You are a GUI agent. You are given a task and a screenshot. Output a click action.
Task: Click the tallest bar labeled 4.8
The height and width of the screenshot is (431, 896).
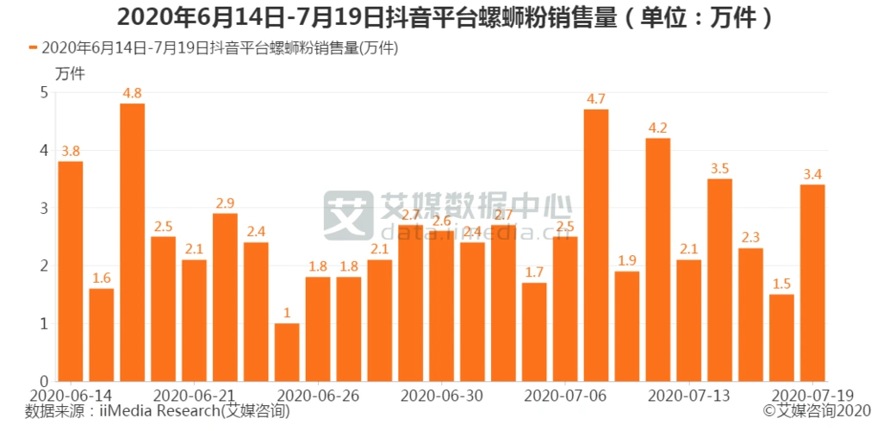(x=132, y=242)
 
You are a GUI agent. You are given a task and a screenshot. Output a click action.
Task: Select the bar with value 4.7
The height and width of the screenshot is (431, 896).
(x=596, y=245)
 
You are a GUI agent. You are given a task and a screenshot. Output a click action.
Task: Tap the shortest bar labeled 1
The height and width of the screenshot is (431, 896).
(x=287, y=352)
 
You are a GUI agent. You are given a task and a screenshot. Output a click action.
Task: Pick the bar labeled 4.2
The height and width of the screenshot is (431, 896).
(x=658, y=259)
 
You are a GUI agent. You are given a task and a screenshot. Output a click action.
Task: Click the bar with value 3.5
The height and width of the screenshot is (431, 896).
(x=719, y=279)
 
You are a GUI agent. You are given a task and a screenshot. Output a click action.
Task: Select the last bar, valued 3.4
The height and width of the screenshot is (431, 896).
(x=812, y=283)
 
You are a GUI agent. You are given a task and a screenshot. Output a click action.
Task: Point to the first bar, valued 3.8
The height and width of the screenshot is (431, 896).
(x=71, y=271)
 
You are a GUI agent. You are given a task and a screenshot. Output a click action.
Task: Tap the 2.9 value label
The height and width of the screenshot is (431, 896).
(x=225, y=203)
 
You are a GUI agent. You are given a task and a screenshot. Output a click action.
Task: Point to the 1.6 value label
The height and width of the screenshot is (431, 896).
(x=101, y=278)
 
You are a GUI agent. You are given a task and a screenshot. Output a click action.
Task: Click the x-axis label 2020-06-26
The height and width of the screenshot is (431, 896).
(x=319, y=395)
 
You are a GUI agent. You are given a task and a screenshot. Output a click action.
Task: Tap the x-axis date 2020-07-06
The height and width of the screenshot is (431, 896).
(x=565, y=395)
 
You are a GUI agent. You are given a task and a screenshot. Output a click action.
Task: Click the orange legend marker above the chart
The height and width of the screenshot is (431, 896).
(x=33, y=48)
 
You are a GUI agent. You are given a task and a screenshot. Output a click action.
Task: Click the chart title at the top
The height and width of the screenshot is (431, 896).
(x=447, y=16)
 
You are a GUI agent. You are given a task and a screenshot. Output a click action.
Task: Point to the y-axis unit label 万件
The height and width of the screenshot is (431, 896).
(x=70, y=73)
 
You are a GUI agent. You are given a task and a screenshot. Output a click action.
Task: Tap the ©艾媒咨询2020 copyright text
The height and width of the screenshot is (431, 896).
(x=817, y=411)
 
